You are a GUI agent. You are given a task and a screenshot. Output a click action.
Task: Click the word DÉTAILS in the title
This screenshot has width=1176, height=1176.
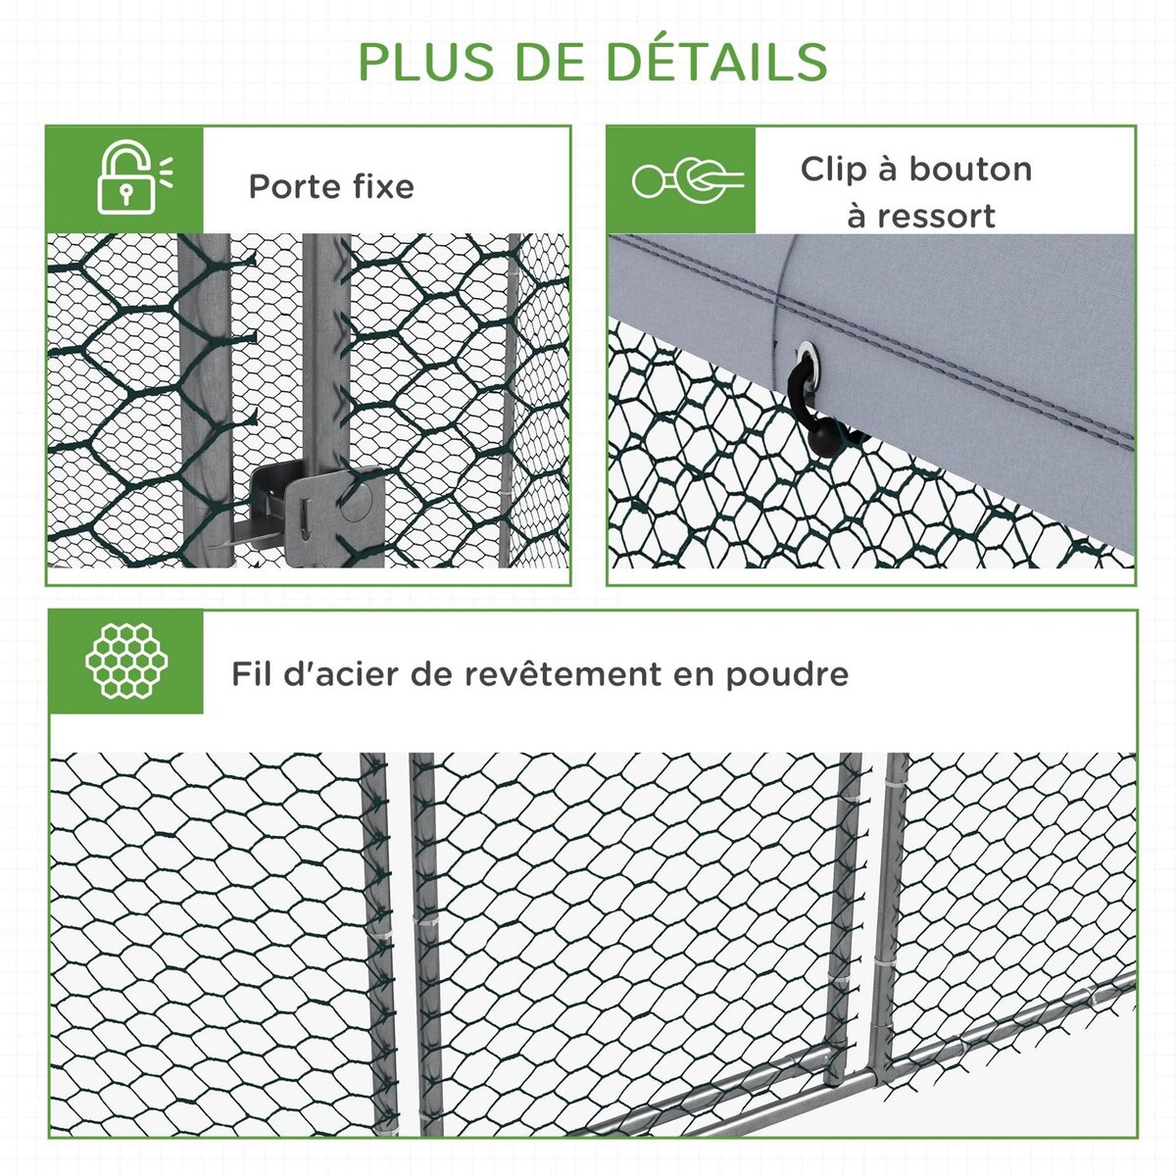click(x=716, y=61)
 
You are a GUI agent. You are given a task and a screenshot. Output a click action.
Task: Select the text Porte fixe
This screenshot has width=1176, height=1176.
click(x=331, y=186)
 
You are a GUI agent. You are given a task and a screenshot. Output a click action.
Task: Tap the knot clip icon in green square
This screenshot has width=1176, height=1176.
click(x=687, y=179)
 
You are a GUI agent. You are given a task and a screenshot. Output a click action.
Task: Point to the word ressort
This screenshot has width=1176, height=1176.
click(x=935, y=216)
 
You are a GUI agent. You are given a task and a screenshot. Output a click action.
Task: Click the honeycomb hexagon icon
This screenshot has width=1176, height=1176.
click(x=125, y=661)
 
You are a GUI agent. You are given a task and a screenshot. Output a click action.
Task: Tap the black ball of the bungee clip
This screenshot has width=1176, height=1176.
click(x=826, y=443)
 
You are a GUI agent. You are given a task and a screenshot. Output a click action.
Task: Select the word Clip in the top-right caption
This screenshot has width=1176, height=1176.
click(x=833, y=169)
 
